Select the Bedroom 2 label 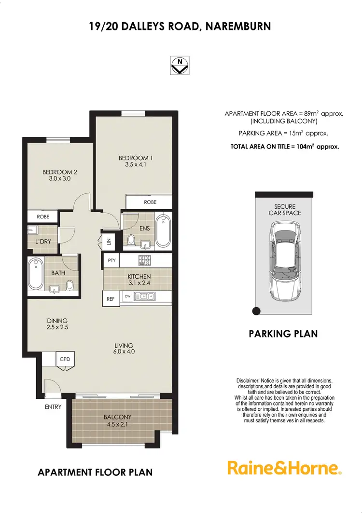point(60,172)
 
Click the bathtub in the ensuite point(163,230)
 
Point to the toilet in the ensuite point(130,239)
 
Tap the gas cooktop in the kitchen point(144,261)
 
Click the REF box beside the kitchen point(111,299)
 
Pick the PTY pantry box point(111,261)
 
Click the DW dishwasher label point(128,296)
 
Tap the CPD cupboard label point(65,359)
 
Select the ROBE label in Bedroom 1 point(150,202)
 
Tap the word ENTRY point(53,407)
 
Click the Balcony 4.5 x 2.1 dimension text point(117,425)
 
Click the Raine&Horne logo point(284,468)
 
